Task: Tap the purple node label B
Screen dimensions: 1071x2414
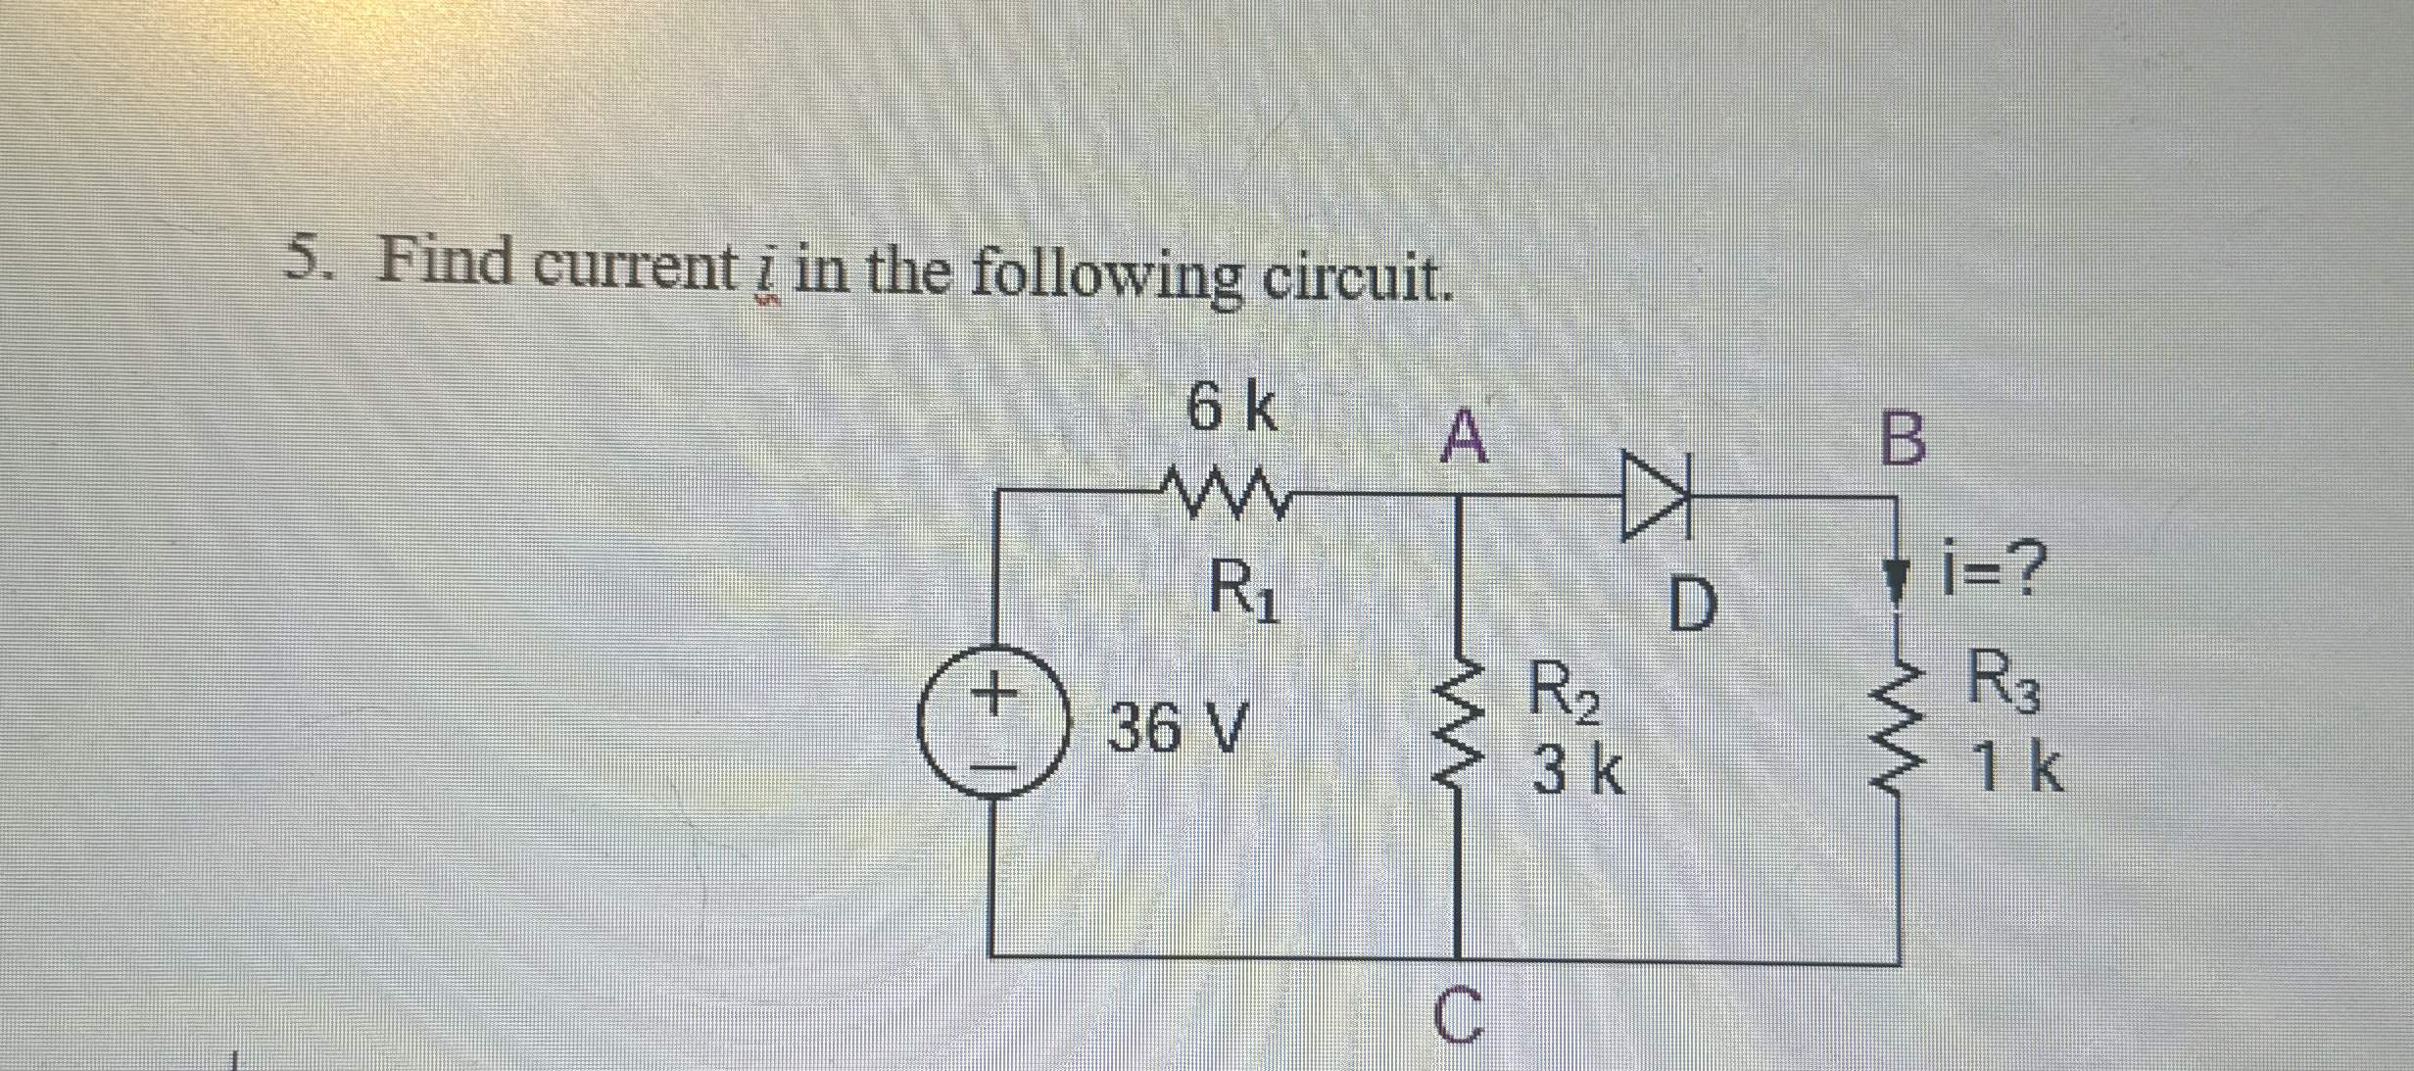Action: coord(1903,440)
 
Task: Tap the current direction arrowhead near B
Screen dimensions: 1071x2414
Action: coord(1898,579)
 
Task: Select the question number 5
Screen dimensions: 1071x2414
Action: coord(310,261)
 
